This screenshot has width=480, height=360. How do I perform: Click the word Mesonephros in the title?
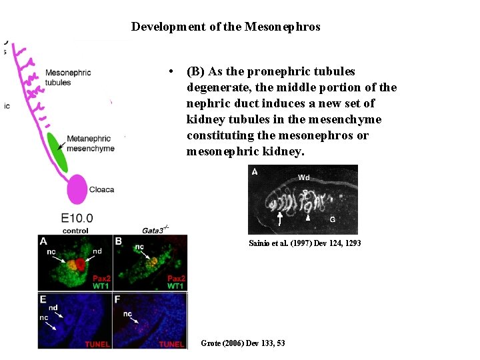(282, 27)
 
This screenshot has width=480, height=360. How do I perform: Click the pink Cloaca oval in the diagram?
(78, 189)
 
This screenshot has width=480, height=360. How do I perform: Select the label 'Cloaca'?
(101, 189)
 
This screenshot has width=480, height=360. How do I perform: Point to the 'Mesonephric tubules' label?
(69, 77)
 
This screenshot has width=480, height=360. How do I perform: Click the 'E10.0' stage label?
(77, 218)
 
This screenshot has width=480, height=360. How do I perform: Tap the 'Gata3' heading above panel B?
(153, 230)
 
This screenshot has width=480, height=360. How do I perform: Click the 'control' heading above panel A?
(75, 231)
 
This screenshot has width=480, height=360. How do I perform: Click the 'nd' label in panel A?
(97, 252)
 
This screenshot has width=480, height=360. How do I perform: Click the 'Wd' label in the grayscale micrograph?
(303, 177)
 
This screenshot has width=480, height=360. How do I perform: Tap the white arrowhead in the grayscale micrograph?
(307, 217)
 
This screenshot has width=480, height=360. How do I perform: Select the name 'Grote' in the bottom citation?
(211, 343)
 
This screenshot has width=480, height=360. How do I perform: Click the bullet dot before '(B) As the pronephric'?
(172, 71)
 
